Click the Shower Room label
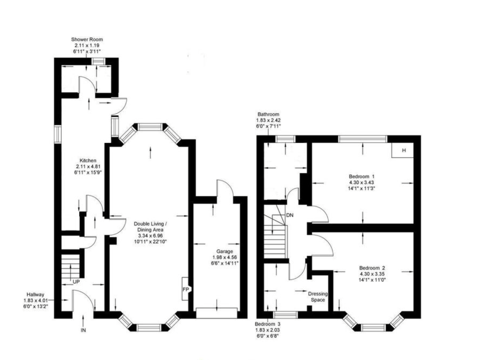click(x=87, y=39)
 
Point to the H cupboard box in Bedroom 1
click(x=403, y=151)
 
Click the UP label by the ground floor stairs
click(x=76, y=282)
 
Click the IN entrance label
click(x=83, y=330)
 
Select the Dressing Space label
click(x=318, y=297)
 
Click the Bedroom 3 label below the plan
click(x=268, y=324)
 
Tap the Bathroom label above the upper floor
click(x=268, y=115)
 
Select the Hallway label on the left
click(x=35, y=295)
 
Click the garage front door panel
click(x=217, y=313)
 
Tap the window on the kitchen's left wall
click(x=58, y=134)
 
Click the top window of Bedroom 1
click(x=363, y=139)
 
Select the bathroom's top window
click(x=285, y=139)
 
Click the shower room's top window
click(x=98, y=61)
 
